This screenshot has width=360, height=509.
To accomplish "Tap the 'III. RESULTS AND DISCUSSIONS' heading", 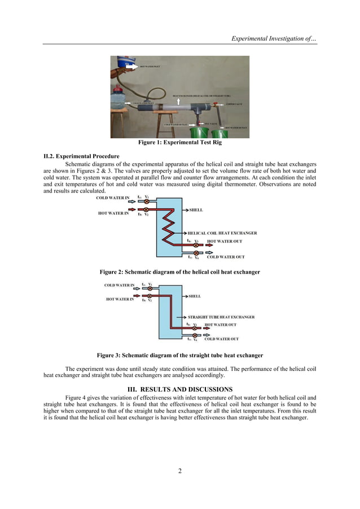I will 179,389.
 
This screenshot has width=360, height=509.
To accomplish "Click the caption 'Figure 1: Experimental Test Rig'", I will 179,142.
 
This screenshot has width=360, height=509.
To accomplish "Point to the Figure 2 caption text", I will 179,272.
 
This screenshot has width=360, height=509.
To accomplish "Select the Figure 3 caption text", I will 179,356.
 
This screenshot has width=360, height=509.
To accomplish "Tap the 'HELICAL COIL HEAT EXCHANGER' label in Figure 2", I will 222,232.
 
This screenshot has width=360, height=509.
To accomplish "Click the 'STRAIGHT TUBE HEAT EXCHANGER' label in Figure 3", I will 221,317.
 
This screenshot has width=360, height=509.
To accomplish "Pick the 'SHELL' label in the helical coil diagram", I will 196,210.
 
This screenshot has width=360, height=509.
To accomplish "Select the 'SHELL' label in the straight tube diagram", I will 194,296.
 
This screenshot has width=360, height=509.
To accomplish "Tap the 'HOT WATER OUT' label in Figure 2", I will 226,242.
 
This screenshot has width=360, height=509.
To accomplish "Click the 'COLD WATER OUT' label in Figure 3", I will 221,339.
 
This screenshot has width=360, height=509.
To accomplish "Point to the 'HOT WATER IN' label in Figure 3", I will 120,300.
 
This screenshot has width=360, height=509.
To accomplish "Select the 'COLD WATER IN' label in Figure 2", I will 113,198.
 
